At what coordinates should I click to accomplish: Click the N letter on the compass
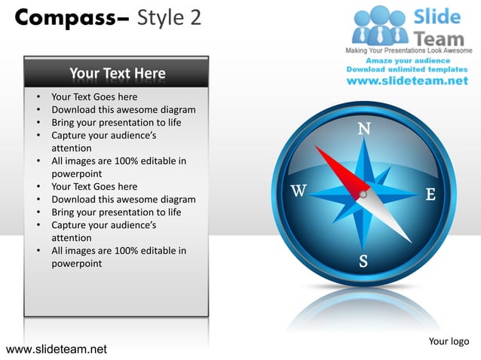(363, 128)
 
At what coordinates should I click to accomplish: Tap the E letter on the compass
(430, 194)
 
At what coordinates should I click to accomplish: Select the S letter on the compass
(363, 261)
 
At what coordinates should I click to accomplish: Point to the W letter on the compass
(299, 191)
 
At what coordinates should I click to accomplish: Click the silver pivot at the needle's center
(363, 194)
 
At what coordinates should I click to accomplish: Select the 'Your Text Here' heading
(117, 73)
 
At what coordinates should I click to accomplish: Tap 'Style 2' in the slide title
(169, 17)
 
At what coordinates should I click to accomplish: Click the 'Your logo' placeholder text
(449, 341)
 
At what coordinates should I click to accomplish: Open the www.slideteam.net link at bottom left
(56, 349)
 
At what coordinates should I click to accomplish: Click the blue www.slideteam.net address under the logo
(406, 81)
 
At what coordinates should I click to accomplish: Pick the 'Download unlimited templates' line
(407, 69)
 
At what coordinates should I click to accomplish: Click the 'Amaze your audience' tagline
(408, 60)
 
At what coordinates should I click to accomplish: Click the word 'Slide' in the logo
(439, 17)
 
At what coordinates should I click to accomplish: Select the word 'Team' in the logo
(440, 36)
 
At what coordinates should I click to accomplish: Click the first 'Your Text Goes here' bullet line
(94, 96)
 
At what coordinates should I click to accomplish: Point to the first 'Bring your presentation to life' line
(116, 122)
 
